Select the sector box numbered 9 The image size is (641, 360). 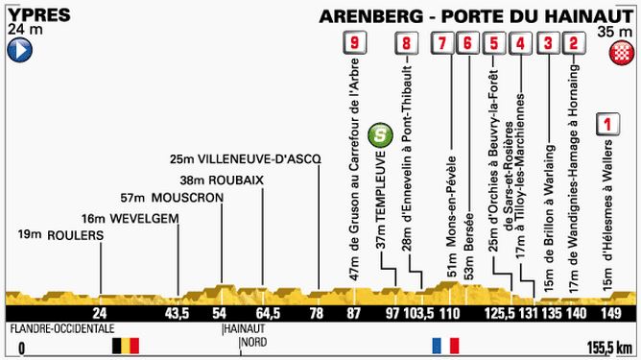pyautogui.click(x=356, y=43)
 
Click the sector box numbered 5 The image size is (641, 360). pyautogui.click(x=493, y=43)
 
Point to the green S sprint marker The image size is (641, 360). pyautogui.click(x=381, y=132)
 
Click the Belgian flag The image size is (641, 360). pyautogui.click(x=125, y=343)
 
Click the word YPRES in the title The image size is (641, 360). pyautogui.click(x=31, y=13)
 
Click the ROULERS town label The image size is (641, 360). pyautogui.click(x=56, y=235)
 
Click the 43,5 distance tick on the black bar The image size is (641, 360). pyautogui.click(x=176, y=315)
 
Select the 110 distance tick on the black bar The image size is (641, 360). pyautogui.click(x=450, y=315)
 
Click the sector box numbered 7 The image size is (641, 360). pyautogui.click(x=441, y=43)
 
